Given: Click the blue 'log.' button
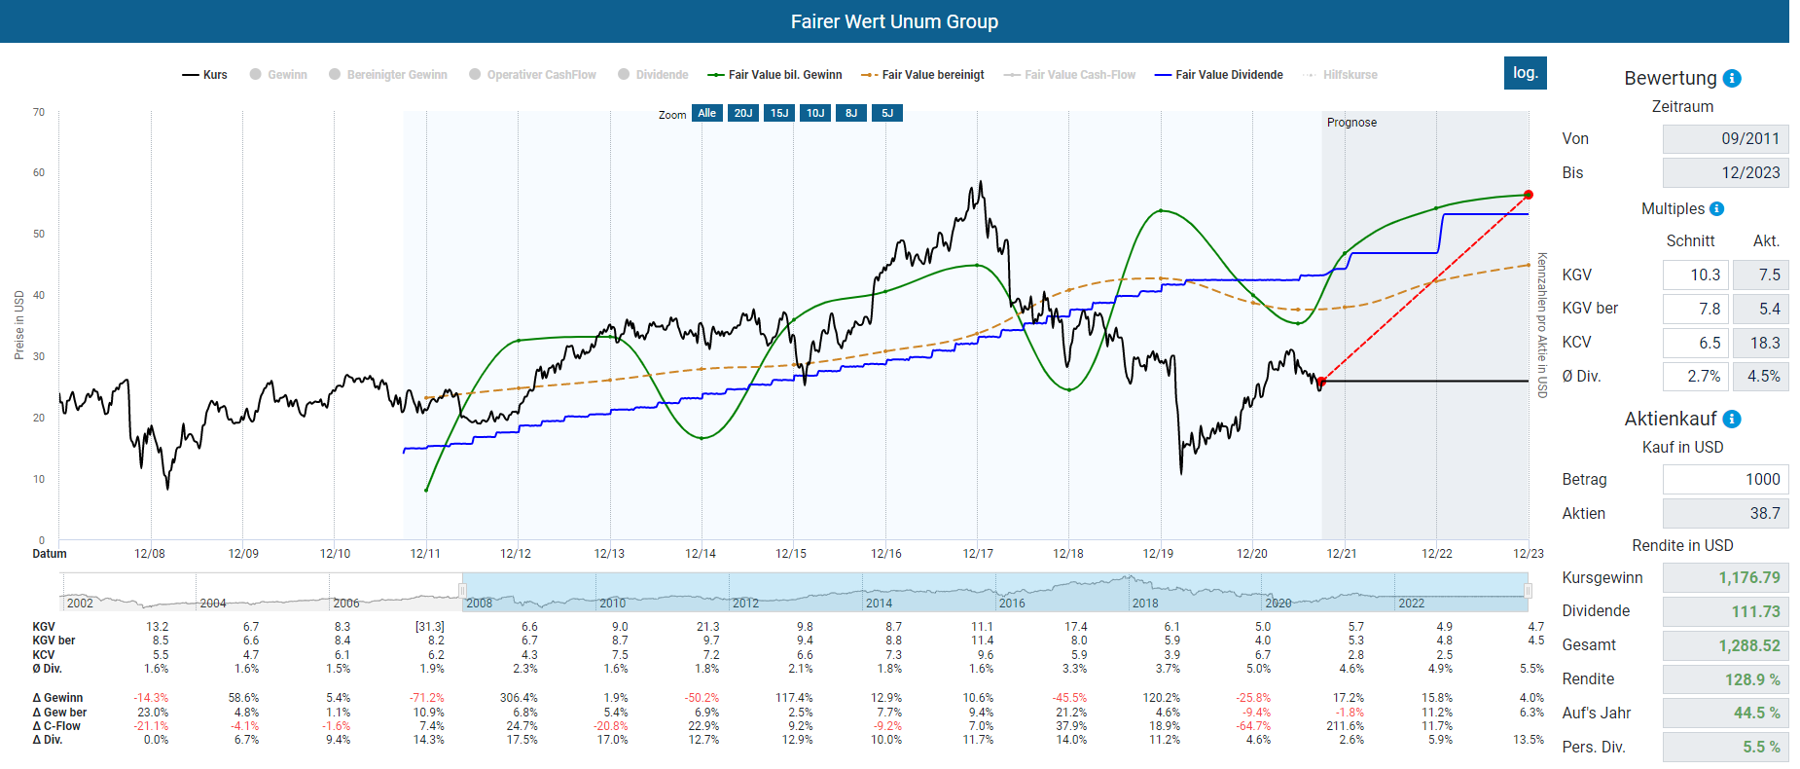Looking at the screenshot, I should click(1525, 73).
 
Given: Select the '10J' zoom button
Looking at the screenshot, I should click(815, 113).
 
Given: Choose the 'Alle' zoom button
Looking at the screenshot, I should click(706, 113).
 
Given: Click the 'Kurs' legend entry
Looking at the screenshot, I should click(205, 75).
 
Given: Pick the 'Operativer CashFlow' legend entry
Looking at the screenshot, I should click(532, 75).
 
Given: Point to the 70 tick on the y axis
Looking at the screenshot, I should click(39, 112).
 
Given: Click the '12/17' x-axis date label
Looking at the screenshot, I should click(978, 554).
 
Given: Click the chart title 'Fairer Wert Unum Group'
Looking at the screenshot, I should click(894, 21).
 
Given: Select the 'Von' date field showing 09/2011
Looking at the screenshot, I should click(1725, 138).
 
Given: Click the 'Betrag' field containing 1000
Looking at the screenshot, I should click(1725, 479).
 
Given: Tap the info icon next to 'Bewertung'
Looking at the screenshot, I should click(1732, 79).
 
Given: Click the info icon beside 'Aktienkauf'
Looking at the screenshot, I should click(1732, 420).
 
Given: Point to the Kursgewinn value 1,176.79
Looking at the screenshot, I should click(1725, 577).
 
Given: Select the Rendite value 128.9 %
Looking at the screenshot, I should click(1725, 679).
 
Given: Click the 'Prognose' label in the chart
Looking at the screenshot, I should click(1351, 123).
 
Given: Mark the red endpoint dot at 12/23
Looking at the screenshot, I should click(1529, 195).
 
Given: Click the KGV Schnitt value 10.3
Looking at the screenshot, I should click(1695, 275).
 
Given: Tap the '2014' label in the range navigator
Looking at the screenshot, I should click(879, 604).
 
